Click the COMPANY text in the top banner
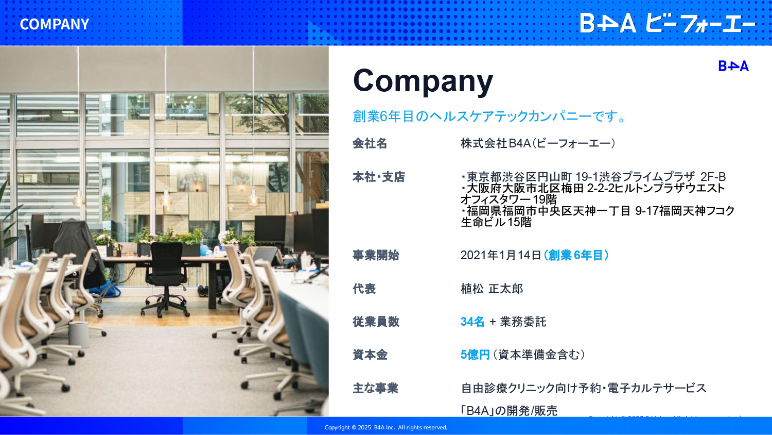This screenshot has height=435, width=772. coord(55,24)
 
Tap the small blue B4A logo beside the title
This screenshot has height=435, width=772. coord(733,66)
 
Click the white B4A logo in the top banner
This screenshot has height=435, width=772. coord(608,23)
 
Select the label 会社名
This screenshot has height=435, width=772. coord(370,143)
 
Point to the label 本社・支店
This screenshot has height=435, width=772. coord(378,177)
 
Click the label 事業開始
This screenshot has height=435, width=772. coord(376,256)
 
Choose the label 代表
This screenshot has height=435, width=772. coord(364,289)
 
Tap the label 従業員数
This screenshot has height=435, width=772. coord(376,322)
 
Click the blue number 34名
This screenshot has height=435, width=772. coord(472,322)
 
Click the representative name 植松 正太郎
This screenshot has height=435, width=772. coord(492,289)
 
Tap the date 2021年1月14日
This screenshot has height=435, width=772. coord(501,256)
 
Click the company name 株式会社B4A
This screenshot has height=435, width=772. coord(496,143)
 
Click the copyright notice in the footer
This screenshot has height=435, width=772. coord(386,427)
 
